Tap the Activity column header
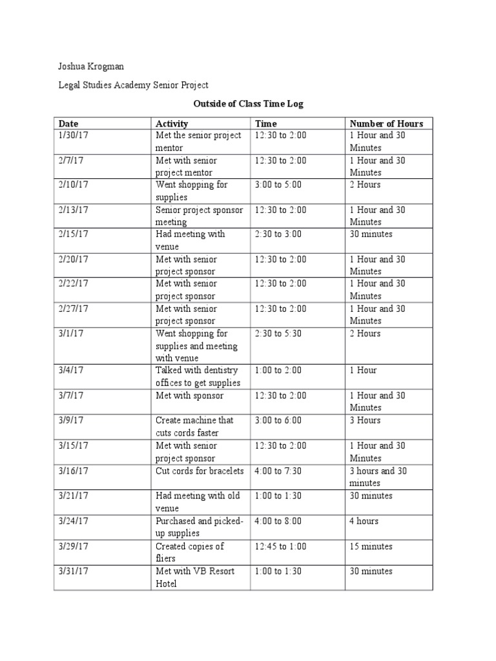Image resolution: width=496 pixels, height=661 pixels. pyautogui.click(x=172, y=123)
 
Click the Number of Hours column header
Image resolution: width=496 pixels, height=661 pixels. pyautogui.click(x=386, y=123)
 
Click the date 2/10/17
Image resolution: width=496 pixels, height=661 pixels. pyautogui.click(x=73, y=185)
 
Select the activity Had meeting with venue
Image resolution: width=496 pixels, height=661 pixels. pyautogui.click(x=190, y=240)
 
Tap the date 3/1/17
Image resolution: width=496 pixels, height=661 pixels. pyautogui.click(x=70, y=334)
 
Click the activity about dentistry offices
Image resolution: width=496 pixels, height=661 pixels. pyautogui.click(x=198, y=376)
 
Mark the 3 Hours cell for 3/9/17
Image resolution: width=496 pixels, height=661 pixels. pyautogui.click(x=365, y=420)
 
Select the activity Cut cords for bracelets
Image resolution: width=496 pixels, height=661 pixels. pyautogui.click(x=200, y=471)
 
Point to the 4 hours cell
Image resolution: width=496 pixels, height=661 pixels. pyautogui.click(x=364, y=521)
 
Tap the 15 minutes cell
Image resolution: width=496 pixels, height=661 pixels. pyautogui.click(x=371, y=546)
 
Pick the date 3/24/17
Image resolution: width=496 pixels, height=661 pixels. pyautogui.click(x=73, y=521)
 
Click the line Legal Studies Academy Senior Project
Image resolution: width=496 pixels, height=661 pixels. pyautogui.click(x=133, y=85)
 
